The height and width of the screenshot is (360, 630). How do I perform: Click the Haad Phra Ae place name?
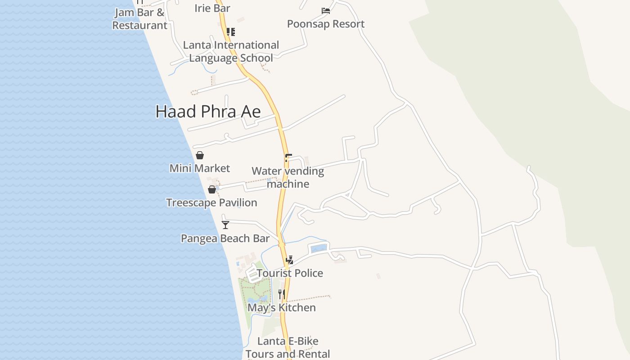(x=208, y=112)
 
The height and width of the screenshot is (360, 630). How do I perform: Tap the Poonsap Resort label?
(x=326, y=24)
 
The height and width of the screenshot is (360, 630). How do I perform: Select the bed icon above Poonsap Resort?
(x=326, y=10)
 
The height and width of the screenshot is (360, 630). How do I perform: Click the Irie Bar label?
(x=212, y=8)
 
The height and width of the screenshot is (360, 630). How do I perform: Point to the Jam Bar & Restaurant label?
(x=139, y=19)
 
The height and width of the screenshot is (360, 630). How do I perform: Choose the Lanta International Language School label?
(x=231, y=51)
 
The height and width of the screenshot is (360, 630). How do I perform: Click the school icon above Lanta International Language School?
(x=231, y=31)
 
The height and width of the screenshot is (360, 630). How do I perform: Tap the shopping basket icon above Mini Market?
(x=200, y=155)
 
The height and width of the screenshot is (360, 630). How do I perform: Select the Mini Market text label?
(x=200, y=168)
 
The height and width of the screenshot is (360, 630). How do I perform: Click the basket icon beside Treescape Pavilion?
(x=212, y=189)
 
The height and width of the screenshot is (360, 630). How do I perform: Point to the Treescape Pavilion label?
(x=211, y=202)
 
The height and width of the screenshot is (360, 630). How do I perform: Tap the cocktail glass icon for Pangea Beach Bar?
(x=225, y=225)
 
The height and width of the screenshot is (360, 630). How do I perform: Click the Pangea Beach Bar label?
(x=225, y=238)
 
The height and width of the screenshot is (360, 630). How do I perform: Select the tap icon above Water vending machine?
(x=288, y=158)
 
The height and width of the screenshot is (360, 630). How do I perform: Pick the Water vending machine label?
(x=288, y=177)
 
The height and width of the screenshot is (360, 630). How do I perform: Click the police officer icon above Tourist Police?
(x=290, y=260)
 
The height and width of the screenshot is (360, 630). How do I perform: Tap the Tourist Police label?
(x=290, y=273)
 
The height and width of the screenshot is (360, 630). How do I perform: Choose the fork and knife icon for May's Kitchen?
(x=282, y=294)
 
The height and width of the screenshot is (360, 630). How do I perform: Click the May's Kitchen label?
(x=282, y=308)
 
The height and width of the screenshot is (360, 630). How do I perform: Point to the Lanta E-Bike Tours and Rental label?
(x=288, y=347)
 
